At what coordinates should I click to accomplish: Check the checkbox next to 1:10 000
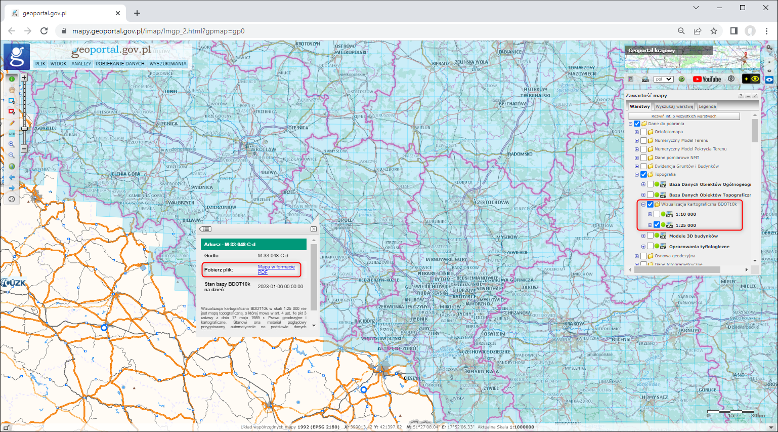657,214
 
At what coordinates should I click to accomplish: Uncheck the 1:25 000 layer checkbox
657,225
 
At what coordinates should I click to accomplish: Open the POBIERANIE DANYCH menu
120,64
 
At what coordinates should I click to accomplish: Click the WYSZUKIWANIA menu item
168,64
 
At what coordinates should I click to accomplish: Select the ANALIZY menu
81,64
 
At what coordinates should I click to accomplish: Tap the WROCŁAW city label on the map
264,149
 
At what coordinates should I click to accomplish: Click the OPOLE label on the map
345,220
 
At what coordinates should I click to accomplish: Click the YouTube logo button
707,79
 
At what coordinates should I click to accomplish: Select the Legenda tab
707,106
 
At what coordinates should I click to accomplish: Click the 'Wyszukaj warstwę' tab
674,106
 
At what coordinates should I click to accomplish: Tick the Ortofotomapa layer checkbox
643,132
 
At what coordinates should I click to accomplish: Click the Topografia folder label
665,174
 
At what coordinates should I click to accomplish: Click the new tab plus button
137,13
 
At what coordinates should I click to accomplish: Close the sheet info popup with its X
314,229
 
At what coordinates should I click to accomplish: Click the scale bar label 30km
757,416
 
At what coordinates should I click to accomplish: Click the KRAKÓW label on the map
574,324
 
